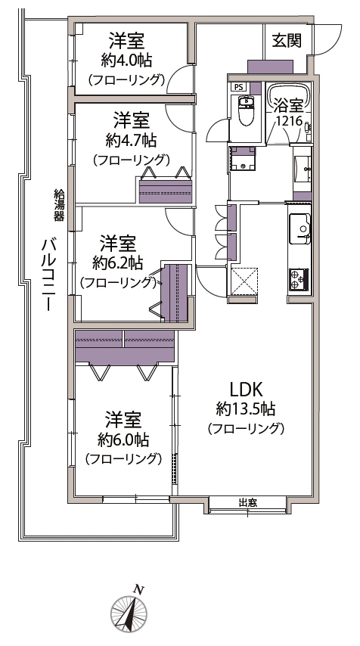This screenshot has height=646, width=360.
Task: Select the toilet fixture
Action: click(x=245, y=115)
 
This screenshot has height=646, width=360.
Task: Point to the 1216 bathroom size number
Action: click(x=287, y=121)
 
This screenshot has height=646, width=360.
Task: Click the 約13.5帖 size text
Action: click(x=245, y=409)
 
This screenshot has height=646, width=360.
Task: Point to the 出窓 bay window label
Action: click(x=247, y=503)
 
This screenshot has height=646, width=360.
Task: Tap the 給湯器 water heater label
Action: click(x=58, y=204)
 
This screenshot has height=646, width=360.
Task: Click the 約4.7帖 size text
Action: click(x=131, y=140)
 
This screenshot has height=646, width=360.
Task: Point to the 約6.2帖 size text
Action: click(x=118, y=263)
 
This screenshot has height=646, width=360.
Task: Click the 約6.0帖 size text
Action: click(x=123, y=439)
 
